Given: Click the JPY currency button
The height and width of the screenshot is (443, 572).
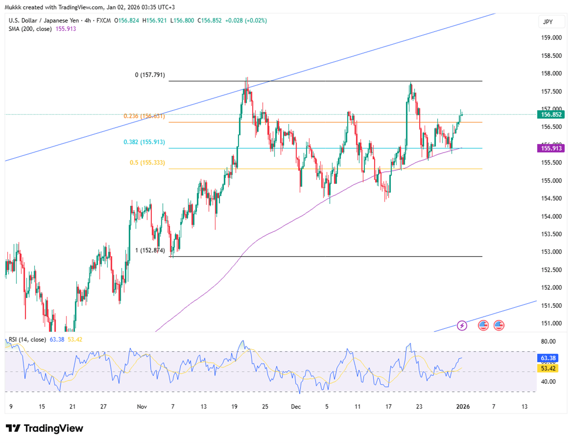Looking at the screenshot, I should pos(548,22).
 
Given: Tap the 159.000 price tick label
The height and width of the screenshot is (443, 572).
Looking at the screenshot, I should pos(551,38).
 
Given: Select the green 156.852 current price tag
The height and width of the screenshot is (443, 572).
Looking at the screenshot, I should pos(551,115).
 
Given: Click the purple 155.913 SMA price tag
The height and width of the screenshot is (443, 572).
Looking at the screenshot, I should pos(551,148).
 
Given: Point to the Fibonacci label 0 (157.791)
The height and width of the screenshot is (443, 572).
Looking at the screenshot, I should pos(150,75).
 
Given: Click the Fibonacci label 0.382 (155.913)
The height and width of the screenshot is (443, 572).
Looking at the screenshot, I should pos(144,142).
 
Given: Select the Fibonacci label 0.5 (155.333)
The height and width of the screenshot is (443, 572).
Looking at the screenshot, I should pos(147,163).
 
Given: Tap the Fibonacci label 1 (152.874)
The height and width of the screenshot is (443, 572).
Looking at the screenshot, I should pos(150,250).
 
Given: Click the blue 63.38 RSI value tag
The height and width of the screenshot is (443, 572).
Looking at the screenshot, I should pos(548,358).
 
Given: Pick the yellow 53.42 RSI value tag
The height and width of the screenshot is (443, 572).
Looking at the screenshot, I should pos(548,368).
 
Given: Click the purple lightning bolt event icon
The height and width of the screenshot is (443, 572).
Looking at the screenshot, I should pos(462,325).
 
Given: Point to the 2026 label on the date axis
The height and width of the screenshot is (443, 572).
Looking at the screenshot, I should pos(463,407).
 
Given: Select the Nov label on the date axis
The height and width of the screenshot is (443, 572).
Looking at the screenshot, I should pos(142,407).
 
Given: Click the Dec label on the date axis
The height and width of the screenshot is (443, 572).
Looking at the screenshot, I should pos(296,407).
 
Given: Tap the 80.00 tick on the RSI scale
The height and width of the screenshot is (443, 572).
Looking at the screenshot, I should pos(548,341).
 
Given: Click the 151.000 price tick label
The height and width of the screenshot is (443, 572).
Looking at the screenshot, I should pos(551,323).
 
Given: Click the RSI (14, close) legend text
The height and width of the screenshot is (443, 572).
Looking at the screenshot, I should pos(27,340).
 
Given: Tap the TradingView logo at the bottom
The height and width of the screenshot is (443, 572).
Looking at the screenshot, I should pos(44,428).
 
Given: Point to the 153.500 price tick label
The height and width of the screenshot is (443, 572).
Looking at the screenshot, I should pos(551,234).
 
